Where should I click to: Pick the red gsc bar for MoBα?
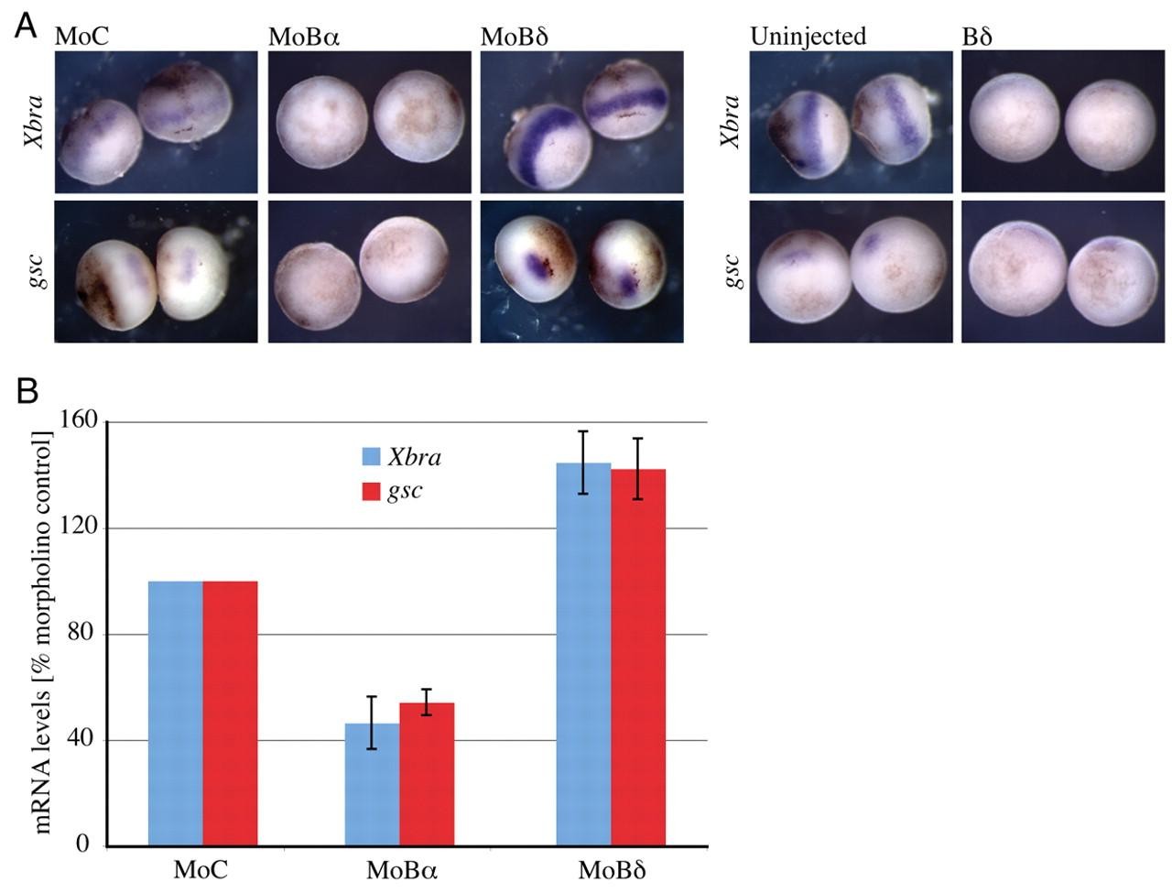(x=427, y=774)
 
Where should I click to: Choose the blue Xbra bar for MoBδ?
(x=583, y=654)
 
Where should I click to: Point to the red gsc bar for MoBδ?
(x=638, y=657)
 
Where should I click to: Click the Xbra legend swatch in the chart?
(x=371, y=457)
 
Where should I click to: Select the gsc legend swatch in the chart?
(x=371, y=491)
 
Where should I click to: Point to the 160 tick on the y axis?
(x=81, y=421)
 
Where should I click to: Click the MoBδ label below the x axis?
(x=612, y=870)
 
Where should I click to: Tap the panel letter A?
(x=26, y=26)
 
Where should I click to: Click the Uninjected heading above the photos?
(x=808, y=37)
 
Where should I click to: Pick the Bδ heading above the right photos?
(x=977, y=37)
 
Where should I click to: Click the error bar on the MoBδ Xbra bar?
(x=583, y=463)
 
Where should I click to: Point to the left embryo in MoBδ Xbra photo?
(x=538, y=145)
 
